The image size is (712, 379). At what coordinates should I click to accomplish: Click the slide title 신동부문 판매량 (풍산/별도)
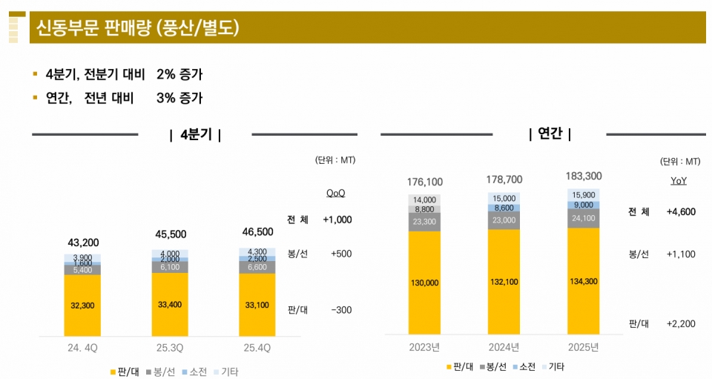pyautogui.click(x=138, y=29)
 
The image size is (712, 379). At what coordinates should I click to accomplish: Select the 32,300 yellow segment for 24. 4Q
pyautogui.click(x=82, y=305)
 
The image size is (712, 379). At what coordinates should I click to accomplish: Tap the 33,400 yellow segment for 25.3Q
pyautogui.click(x=170, y=304)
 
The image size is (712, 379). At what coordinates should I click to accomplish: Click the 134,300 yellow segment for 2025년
pyautogui.click(x=583, y=281)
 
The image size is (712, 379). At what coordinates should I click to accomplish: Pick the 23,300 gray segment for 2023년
pyautogui.click(x=424, y=222)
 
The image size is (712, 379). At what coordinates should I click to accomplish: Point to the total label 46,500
pyautogui.click(x=257, y=232)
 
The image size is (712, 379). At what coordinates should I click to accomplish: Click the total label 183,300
pyautogui.click(x=583, y=176)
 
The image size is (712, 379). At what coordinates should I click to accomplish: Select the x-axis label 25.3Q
pyautogui.click(x=170, y=347)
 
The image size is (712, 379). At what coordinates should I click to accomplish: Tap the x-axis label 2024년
pyautogui.click(x=503, y=346)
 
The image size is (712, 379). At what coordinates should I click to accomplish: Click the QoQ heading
pyautogui.click(x=335, y=193)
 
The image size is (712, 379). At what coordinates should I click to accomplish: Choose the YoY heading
pyautogui.click(x=678, y=182)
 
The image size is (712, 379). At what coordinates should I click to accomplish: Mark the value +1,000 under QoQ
pyautogui.click(x=337, y=220)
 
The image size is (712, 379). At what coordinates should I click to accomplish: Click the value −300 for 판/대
pyautogui.click(x=341, y=309)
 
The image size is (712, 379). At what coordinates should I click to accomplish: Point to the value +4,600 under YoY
pyautogui.click(x=681, y=212)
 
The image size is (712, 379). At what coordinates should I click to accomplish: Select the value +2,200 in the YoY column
pyautogui.click(x=681, y=324)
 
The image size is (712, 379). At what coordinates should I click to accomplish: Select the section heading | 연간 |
pyautogui.click(x=550, y=134)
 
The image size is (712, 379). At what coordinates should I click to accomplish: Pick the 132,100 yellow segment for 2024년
pyautogui.click(x=503, y=282)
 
